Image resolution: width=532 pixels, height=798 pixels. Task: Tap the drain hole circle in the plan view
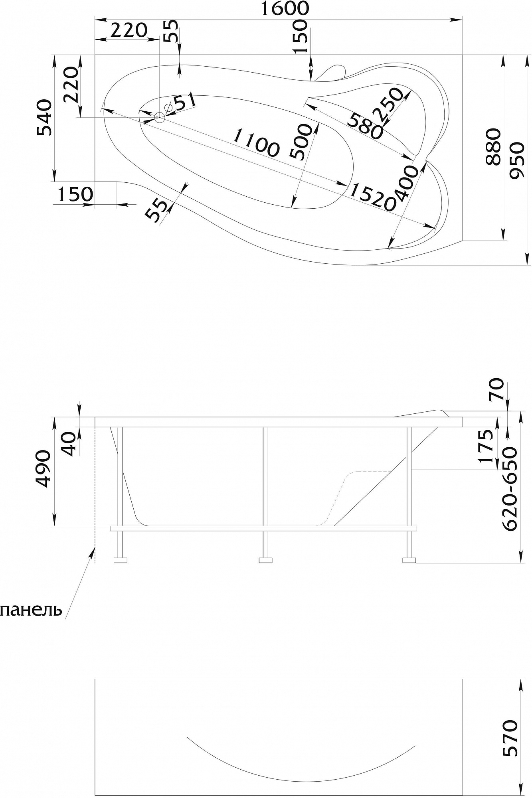[160, 117]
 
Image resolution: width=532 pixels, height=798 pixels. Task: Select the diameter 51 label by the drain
[181, 103]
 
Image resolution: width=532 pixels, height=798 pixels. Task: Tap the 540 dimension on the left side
[44, 118]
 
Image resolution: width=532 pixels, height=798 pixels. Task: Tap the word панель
[31, 610]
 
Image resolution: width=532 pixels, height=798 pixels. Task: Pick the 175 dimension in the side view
[486, 446]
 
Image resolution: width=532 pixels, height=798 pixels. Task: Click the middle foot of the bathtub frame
[265, 560]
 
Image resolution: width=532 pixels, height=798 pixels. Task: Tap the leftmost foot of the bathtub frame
[121, 560]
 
